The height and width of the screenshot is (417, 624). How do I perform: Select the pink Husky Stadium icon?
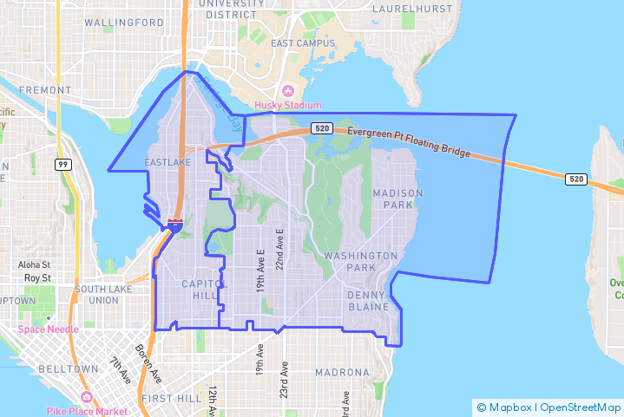coord(289,92)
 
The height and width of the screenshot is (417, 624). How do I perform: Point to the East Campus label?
coord(302,43)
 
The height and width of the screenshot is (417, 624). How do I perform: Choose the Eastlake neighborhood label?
coord(167,162)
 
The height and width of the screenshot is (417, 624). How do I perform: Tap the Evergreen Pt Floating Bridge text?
coord(409,142)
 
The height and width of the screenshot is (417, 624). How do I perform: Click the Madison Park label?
coord(397,199)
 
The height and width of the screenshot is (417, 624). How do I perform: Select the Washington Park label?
coord(360,262)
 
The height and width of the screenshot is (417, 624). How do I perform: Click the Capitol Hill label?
coord(204,290)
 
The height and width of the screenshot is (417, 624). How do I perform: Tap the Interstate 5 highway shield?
coord(174,225)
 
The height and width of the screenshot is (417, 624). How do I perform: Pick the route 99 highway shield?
coord(63,165)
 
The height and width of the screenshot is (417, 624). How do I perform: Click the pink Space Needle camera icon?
coord(23,329)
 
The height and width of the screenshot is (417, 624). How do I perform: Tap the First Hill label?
coord(171,398)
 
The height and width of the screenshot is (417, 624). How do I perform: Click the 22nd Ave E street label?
coord(279,249)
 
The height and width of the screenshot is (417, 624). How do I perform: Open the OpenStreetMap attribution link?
coord(580,407)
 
